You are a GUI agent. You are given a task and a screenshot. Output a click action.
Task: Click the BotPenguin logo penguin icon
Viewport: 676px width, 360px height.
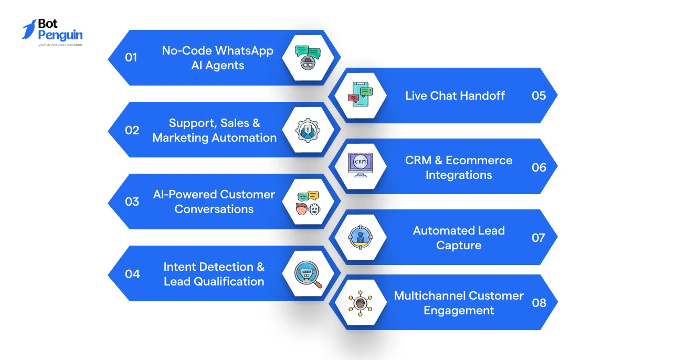29,29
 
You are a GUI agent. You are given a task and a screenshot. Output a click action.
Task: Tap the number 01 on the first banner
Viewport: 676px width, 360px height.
131,57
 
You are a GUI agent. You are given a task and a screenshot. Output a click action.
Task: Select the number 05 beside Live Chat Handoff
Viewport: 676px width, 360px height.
538,96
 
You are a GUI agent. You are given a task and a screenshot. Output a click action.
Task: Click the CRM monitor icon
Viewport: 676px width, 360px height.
361,165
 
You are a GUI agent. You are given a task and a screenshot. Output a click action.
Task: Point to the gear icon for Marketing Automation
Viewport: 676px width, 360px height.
308,130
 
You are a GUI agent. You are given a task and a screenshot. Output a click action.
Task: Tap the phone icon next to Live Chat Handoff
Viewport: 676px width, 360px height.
361,94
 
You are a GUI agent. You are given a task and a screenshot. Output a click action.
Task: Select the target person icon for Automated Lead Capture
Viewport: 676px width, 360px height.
361,237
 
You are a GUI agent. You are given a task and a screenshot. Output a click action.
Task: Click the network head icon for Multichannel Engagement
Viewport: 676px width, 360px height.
361,303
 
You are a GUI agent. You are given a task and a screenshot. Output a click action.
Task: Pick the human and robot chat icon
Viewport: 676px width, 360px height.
308,203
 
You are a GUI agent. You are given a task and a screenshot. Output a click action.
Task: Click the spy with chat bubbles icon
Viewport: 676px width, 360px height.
308,58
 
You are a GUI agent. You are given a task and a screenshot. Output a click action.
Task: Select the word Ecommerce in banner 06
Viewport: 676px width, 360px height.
479,160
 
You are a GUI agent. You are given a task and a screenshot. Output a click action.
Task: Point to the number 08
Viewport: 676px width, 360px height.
539,303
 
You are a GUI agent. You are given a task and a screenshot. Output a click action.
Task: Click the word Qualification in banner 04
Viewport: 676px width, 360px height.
229,281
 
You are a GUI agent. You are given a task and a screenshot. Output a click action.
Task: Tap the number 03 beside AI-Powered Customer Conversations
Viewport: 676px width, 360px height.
132,202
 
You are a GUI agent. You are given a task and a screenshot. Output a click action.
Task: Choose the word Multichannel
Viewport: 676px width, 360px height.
429,296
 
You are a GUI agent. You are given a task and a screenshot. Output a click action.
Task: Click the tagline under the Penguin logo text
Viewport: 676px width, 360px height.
60,45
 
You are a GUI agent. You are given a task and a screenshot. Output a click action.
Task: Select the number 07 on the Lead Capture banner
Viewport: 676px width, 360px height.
538,238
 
